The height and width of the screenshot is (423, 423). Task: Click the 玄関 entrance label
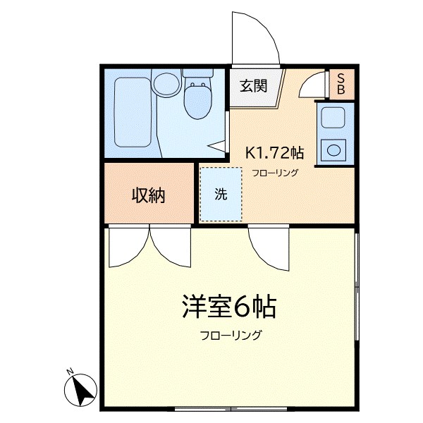pos(253,86)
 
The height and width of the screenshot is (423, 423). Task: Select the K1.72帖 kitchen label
pos(274,152)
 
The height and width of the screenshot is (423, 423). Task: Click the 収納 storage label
pos(148,195)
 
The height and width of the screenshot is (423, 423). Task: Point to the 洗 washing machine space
pos(221,195)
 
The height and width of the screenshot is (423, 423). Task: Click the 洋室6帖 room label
pos(227,307)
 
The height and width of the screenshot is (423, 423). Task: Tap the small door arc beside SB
pos(312,86)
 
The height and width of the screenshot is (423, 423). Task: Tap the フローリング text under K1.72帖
pos(276,173)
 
